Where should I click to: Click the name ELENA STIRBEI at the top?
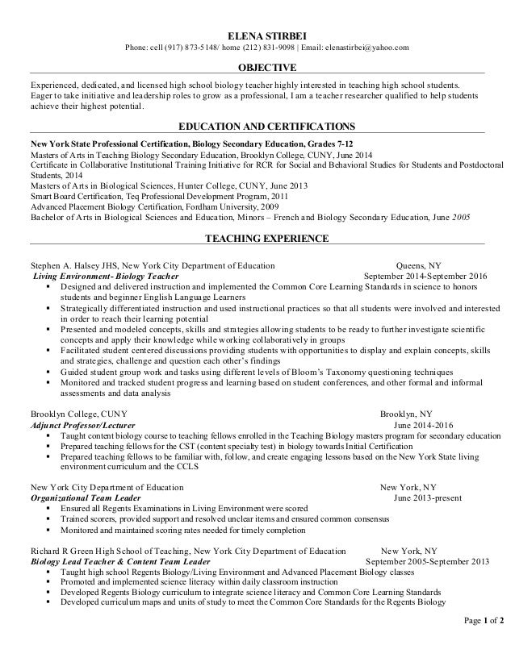pyautogui.click(x=258, y=34)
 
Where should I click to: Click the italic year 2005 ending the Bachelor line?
pyautogui.click(x=461, y=217)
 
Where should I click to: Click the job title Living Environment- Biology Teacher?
pyautogui.click(x=106, y=275)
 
